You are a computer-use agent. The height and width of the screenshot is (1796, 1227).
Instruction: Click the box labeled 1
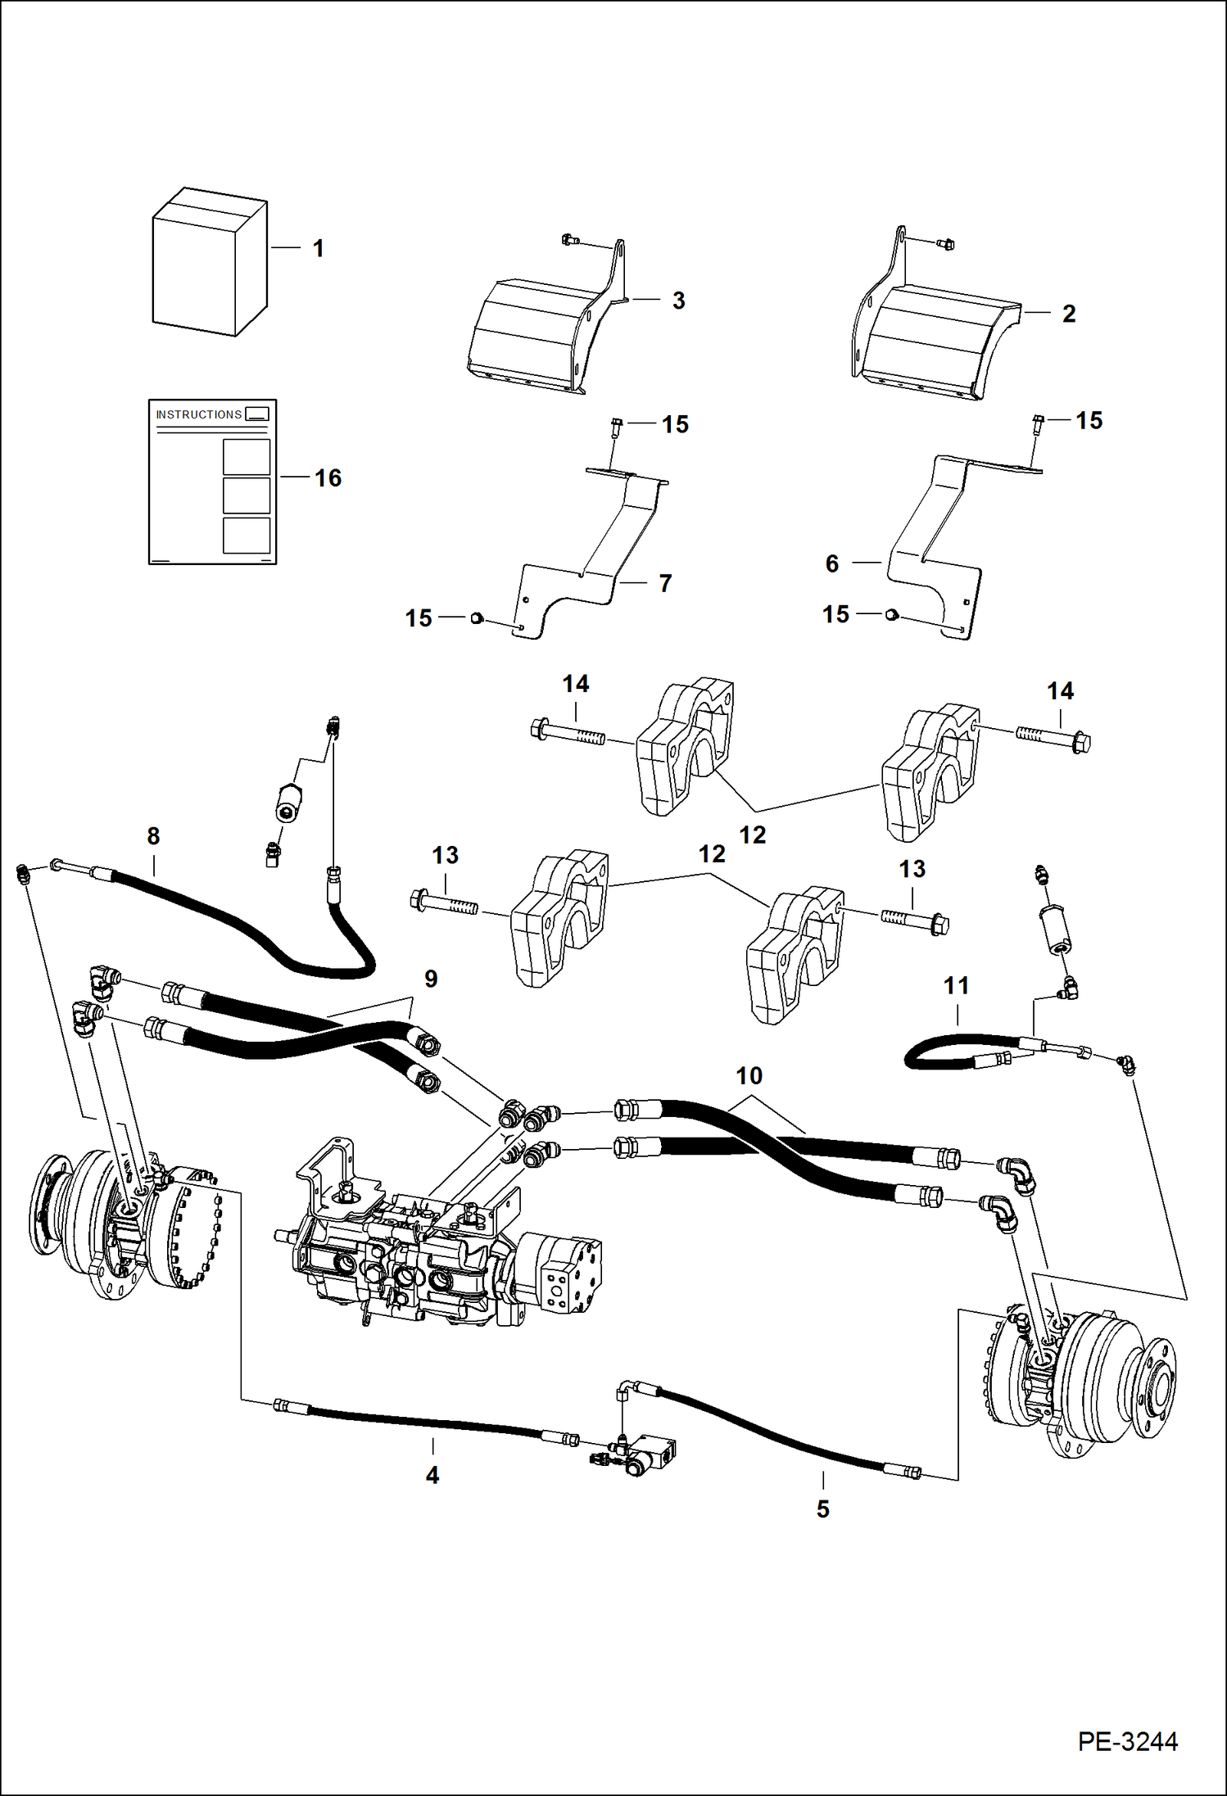point(209,262)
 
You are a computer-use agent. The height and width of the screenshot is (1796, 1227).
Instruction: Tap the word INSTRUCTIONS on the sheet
point(199,414)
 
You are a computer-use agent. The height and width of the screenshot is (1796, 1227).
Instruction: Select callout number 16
point(328,478)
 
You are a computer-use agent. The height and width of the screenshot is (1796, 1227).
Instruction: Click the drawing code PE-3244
point(1127,1741)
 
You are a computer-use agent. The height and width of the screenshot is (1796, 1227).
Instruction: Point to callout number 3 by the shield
point(678,301)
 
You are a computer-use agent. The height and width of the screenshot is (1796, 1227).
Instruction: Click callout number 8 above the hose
point(153,836)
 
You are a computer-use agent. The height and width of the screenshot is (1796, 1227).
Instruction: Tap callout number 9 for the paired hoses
point(431,979)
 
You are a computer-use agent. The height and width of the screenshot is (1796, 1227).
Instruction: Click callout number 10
point(749,1075)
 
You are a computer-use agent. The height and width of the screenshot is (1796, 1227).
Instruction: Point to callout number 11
point(956,985)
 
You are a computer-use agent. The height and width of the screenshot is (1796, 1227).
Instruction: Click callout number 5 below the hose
point(822,1509)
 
